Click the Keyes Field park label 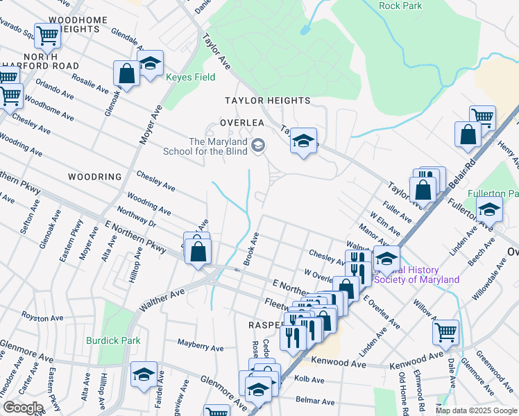[x=190, y=78]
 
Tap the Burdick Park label [x=113, y=340]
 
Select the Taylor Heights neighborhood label [x=267, y=101]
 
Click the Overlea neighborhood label [x=242, y=122]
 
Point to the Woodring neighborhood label [x=95, y=177]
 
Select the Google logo [x=22, y=408]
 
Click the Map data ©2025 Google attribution [x=475, y=410]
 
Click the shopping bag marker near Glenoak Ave [x=127, y=73]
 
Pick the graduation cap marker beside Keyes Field [x=150, y=62]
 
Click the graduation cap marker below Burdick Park [x=144, y=374]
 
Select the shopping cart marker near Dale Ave [x=445, y=331]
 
